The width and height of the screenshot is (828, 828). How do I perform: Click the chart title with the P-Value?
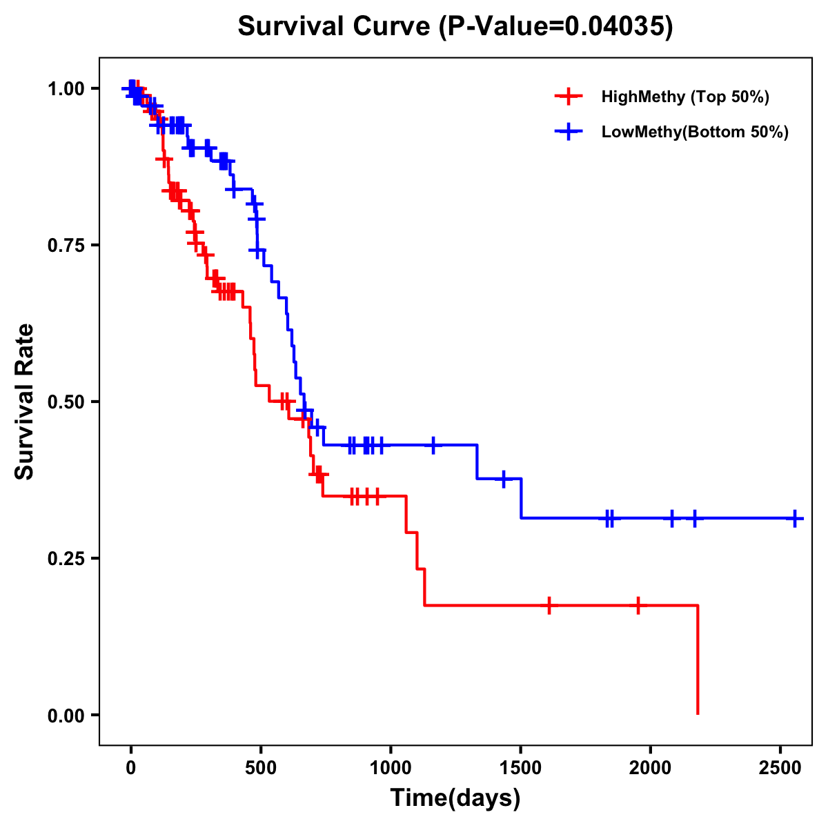click(455, 26)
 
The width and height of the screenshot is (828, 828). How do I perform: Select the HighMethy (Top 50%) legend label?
click(685, 97)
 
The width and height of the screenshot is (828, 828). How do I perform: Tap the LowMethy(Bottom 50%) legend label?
click(695, 132)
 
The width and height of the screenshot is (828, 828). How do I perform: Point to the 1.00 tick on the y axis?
click(66, 89)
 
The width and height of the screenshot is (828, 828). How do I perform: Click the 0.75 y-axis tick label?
click(66, 246)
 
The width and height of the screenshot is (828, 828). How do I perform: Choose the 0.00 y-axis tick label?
click(66, 716)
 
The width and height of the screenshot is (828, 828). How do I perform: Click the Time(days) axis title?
click(455, 798)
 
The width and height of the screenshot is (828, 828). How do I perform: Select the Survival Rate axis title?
click(25, 402)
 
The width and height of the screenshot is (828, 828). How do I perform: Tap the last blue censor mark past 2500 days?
click(795, 517)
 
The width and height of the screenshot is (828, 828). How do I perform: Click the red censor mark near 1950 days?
click(638, 605)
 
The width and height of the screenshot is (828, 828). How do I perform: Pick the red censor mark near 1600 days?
click(549, 605)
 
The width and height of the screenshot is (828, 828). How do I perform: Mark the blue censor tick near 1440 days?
click(504, 478)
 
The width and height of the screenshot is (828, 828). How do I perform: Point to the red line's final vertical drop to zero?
click(698, 659)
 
